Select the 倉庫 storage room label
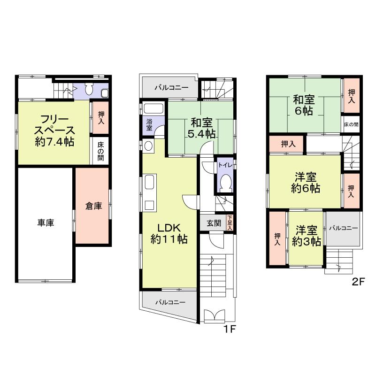tap(93, 206)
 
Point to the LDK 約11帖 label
tap(169, 233)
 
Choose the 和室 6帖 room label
tap(304, 106)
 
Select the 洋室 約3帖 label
tap(306, 236)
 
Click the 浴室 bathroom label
tap(149, 124)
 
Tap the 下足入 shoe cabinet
tap(230, 223)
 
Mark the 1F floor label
tap(229, 329)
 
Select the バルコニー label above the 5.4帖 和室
tap(172, 88)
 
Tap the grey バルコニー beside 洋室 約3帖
tap(343, 229)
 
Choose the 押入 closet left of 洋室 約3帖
tap(277, 239)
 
